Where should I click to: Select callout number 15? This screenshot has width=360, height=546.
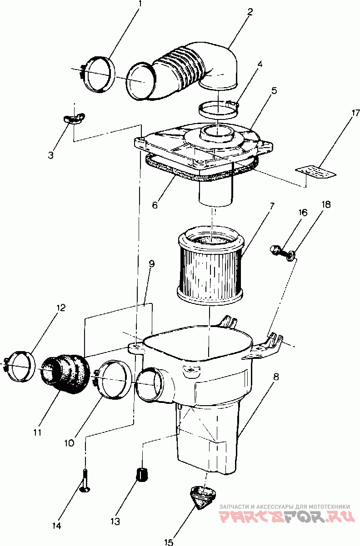coord(169,542)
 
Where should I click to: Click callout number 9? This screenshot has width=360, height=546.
coord(151,263)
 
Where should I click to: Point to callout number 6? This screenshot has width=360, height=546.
coord(155,205)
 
